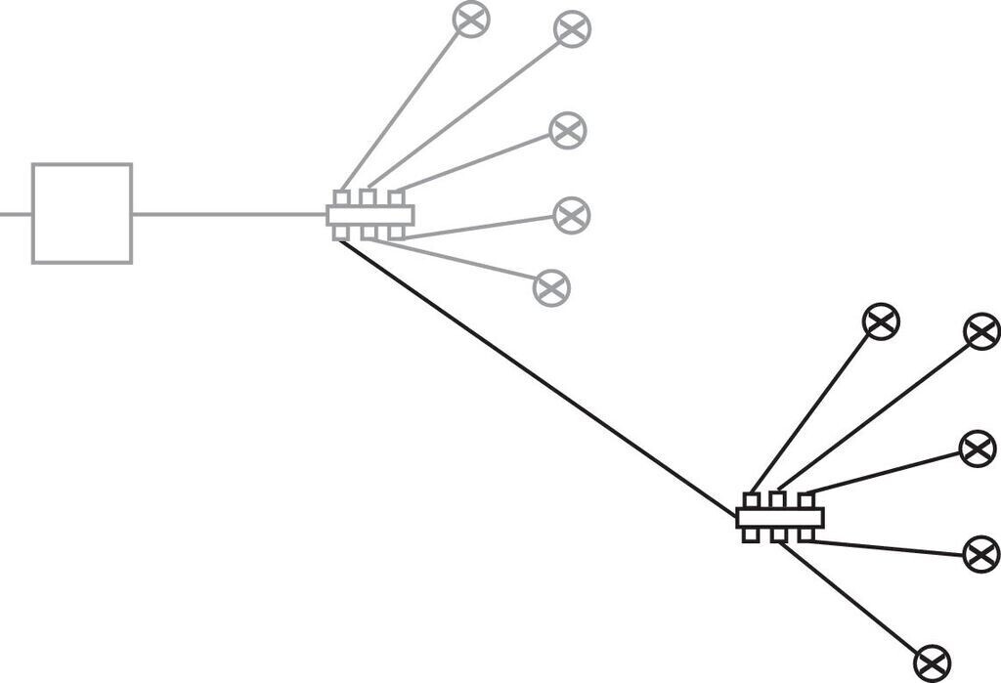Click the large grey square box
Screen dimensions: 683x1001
[x=82, y=214]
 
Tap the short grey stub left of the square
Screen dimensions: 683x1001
[x=15, y=214]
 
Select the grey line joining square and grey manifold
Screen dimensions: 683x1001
[x=229, y=214]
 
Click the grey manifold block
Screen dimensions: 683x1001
[x=370, y=214]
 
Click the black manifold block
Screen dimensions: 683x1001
[x=779, y=517]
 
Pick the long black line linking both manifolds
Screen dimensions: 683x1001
[x=538, y=377]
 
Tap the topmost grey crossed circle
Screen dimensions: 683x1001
[x=471, y=19]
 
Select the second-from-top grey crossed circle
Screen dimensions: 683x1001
[x=572, y=28]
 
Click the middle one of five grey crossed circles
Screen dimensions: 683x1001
[x=567, y=131]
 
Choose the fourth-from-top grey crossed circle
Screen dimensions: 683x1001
[x=571, y=215]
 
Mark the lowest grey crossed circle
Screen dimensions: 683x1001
[x=551, y=287]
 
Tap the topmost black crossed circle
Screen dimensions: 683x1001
[x=881, y=321]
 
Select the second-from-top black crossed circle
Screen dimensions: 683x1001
[x=981, y=331]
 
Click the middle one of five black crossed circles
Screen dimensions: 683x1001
[x=977, y=448]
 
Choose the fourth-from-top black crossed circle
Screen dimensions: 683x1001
[x=980, y=554]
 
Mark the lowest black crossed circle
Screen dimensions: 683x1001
[x=932, y=663]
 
